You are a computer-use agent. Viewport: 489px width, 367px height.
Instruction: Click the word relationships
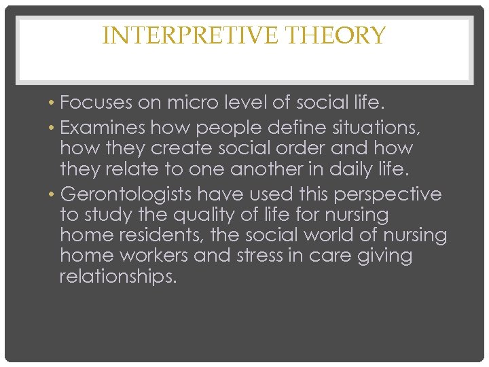[117, 277]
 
